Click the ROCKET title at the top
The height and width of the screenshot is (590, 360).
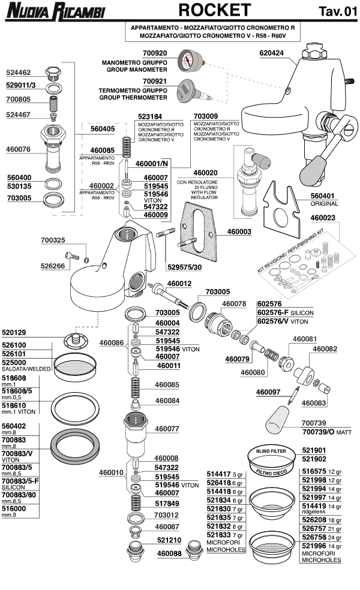214,10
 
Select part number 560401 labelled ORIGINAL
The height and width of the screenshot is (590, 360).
325,195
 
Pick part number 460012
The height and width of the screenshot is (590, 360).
179,283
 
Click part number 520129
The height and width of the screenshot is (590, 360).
14,332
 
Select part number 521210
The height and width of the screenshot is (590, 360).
170,540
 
